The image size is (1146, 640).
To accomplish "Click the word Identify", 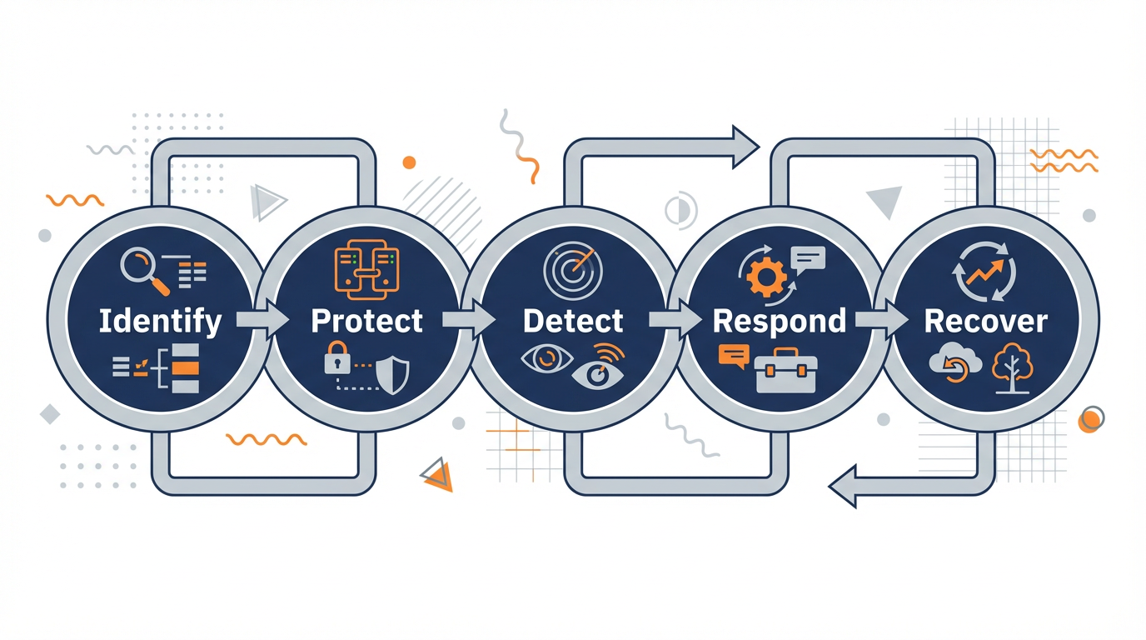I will coord(160,321).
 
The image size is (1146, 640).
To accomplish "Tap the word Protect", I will coord(366,321).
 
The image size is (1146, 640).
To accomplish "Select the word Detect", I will coord(573,321).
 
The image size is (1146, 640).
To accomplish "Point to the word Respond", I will coord(780,321).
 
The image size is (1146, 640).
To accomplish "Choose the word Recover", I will coord(986,321).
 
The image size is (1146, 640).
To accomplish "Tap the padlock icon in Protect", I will coord(337,359).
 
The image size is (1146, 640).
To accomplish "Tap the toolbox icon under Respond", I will coord(785,371).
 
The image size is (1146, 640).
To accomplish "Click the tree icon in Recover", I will coord(1012,367).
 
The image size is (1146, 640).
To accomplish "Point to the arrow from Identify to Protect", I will coord(262,320).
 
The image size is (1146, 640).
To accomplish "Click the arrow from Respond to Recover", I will coord(881,320).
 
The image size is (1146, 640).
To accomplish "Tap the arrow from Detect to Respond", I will coord(675,320).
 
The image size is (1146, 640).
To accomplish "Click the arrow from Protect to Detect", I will coord(468,320).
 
